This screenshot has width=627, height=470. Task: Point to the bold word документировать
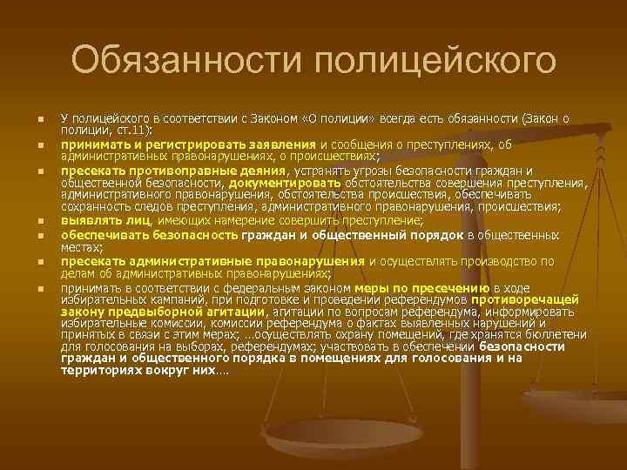tap(285, 184)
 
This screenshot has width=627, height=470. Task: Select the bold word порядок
tap(465, 235)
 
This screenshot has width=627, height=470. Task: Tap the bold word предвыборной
tap(145, 311)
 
